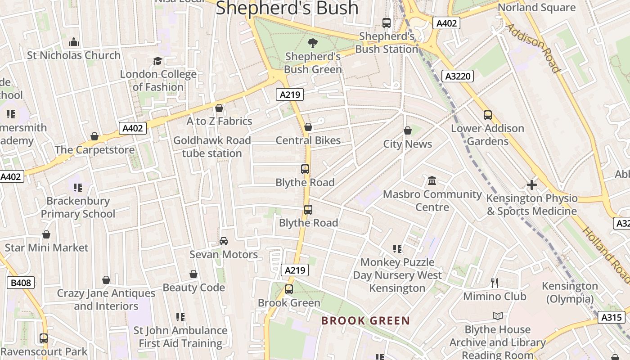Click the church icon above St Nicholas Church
[x=74, y=42]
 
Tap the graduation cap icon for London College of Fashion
[x=157, y=61]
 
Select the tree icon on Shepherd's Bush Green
[x=312, y=43]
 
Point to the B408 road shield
[x=21, y=283]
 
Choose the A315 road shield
[x=612, y=317]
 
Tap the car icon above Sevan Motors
[x=224, y=241]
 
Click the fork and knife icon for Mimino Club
[x=495, y=283]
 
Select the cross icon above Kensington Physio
[x=532, y=185]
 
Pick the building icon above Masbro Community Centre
[x=432, y=181]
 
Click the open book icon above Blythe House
[x=497, y=316]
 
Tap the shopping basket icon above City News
[x=407, y=131]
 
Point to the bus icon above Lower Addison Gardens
[x=488, y=115]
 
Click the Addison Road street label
[x=533, y=48]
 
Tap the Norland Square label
[x=536, y=8]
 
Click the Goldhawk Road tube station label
[x=212, y=147]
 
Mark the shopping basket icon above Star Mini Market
[x=46, y=234]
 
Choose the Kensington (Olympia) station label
[x=570, y=292]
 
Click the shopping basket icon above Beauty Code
[x=193, y=274]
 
